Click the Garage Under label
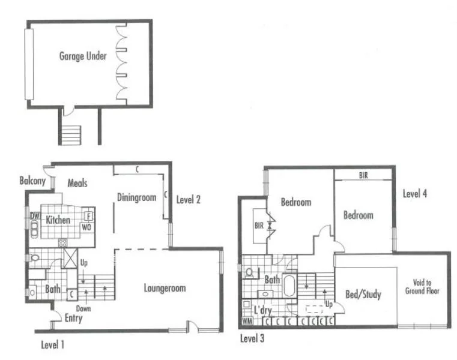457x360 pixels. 83,56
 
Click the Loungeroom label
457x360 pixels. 165,287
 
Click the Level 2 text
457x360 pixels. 189,199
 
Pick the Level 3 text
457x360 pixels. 252,338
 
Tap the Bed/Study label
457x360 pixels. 363,295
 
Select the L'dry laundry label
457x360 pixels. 262,310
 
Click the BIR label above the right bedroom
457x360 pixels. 363,175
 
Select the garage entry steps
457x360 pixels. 72,133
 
